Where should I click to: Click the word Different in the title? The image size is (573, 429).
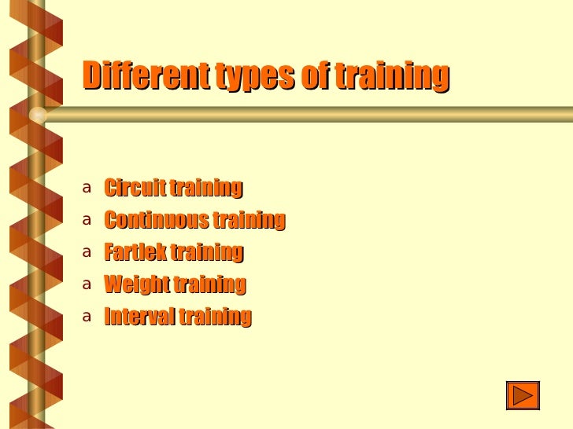[x=145, y=76]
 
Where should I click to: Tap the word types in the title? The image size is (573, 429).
[x=254, y=77]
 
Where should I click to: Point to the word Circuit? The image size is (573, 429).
[x=135, y=189]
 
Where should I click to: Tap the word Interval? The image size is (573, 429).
[x=139, y=317]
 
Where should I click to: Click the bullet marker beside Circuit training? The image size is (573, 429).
[x=87, y=189]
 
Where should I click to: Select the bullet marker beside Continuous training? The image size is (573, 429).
[x=87, y=221]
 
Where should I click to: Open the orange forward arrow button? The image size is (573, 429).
[x=523, y=395]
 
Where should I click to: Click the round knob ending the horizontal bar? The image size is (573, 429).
[x=38, y=115]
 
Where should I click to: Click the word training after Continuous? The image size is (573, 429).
[x=249, y=221]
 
